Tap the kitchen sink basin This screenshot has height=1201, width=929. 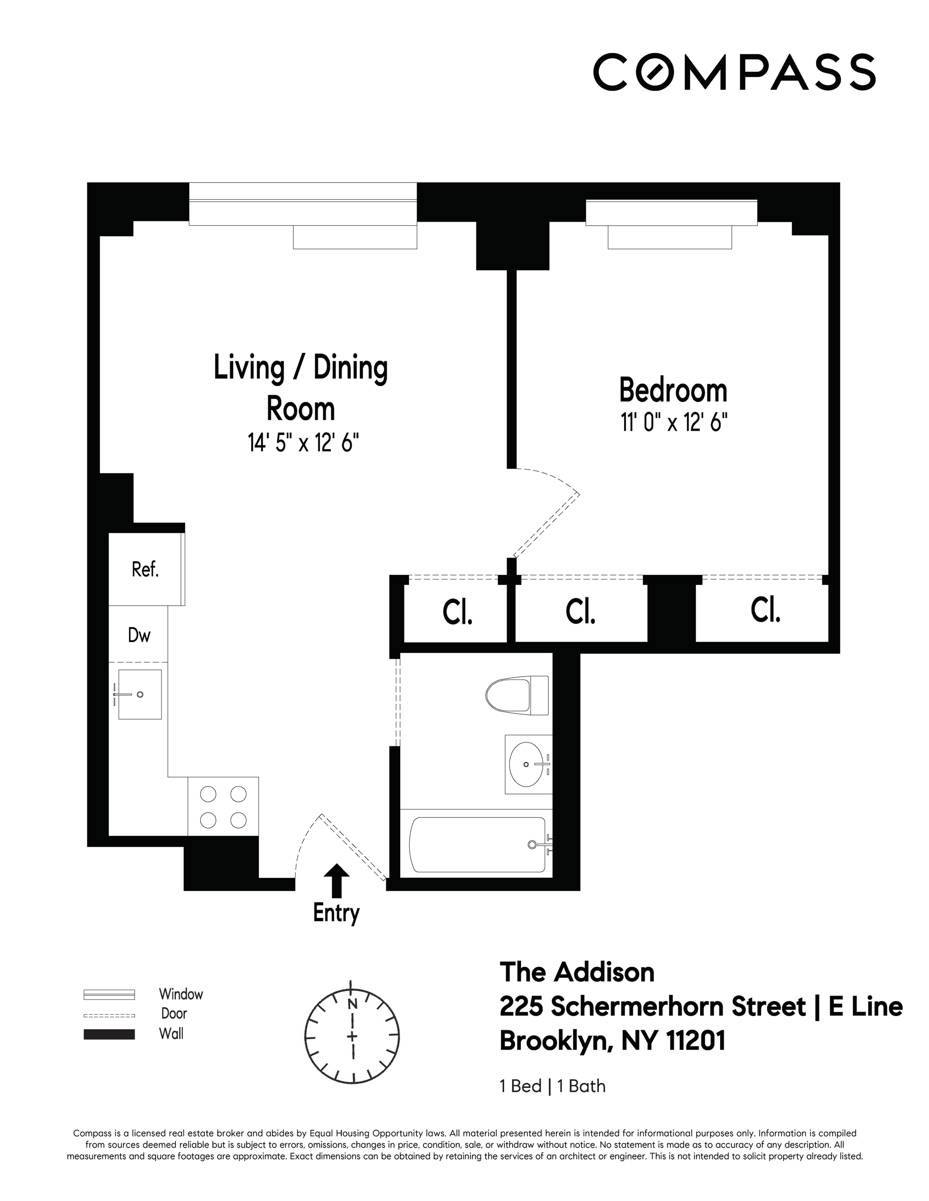pyautogui.click(x=140, y=694)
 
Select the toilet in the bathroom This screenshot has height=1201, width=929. pyautogui.click(x=516, y=696)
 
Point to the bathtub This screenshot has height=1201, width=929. pyautogui.click(x=478, y=844)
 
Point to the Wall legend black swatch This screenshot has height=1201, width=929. pyautogui.click(x=109, y=1034)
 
